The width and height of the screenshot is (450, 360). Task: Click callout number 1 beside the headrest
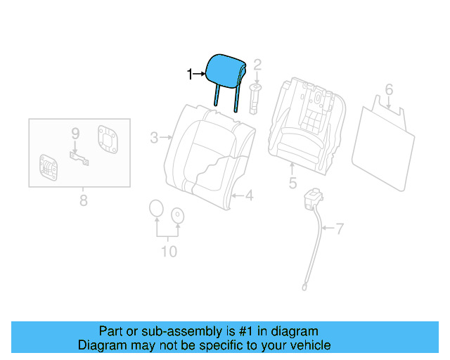click(189, 73)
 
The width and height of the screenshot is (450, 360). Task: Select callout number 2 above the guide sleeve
click(257, 65)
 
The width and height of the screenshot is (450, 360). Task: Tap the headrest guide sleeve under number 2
click(255, 96)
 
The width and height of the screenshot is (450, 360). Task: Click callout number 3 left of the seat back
click(154, 138)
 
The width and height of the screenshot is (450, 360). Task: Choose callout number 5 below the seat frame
click(292, 184)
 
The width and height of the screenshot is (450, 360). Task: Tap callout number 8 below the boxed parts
click(83, 201)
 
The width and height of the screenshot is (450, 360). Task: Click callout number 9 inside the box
click(75, 133)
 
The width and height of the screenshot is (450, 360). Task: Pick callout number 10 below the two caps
click(169, 251)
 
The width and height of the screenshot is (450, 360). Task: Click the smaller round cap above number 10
click(178, 214)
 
